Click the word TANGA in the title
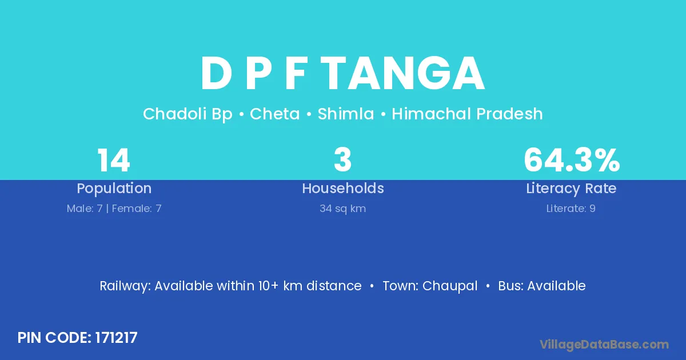(404, 74)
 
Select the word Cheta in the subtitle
(275, 114)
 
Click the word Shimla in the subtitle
(346, 114)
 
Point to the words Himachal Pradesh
(468, 114)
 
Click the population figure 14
(114, 160)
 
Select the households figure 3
(342, 160)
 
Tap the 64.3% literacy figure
(572, 160)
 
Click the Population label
(114, 189)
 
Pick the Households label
(343, 188)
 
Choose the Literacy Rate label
(571, 189)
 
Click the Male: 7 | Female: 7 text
(114, 209)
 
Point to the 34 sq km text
(342, 209)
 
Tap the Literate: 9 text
(571, 209)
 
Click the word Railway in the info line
(125, 286)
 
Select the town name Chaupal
(450, 286)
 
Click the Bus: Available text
(542, 286)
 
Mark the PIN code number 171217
(117, 338)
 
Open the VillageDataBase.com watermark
(604, 345)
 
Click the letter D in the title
(216, 74)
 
